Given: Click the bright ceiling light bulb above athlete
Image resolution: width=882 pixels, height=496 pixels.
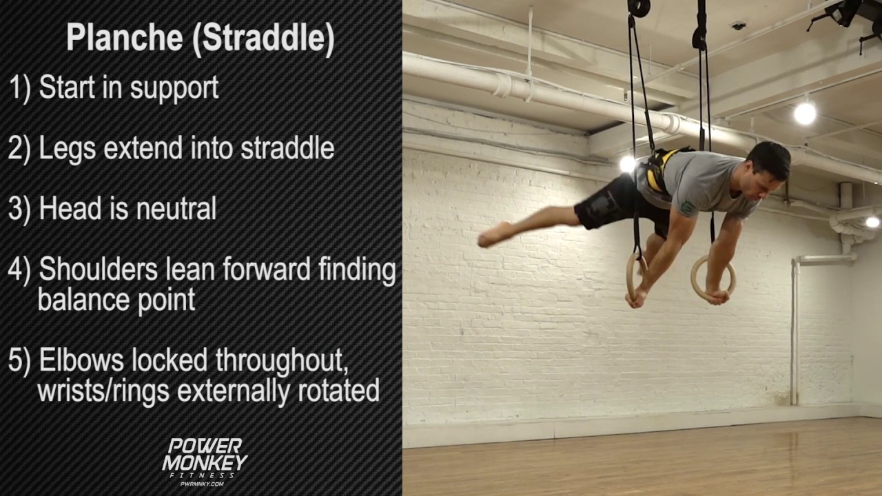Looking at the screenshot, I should [x=804, y=113].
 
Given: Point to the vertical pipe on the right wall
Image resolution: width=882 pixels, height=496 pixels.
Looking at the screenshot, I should [x=795, y=331].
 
